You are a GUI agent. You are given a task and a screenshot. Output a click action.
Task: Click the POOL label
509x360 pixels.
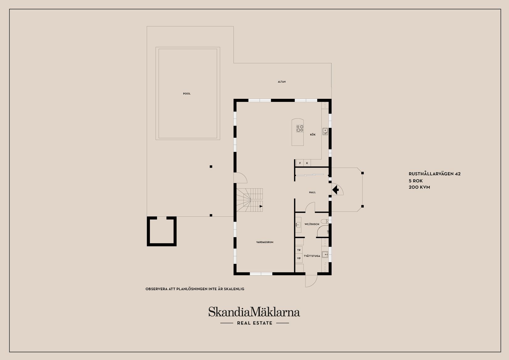(x=187, y=94)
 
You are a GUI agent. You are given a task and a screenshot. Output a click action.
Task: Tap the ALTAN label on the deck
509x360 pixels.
(x=282, y=82)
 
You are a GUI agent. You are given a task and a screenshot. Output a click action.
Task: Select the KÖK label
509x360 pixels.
(x=313, y=135)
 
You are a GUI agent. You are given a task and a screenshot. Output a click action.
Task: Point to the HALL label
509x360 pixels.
(x=312, y=192)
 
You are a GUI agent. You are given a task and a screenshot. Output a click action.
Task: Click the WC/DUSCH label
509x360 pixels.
(x=312, y=224)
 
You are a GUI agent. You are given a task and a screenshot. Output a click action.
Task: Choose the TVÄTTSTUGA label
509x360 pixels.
(x=312, y=256)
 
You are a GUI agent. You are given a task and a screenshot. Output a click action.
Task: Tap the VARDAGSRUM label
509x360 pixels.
(x=265, y=242)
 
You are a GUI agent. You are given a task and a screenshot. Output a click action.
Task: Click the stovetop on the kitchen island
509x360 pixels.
(x=300, y=128)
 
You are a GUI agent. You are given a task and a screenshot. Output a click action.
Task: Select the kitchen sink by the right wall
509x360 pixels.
(x=325, y=132)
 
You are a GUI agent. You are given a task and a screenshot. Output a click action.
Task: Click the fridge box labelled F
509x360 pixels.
(x=300, y=163)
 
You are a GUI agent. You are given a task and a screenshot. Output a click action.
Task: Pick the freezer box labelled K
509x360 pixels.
(x=307, y=163)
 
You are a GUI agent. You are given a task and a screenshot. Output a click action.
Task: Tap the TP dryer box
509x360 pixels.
(x=299, y=250)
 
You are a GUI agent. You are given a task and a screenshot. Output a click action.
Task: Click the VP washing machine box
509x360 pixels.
(x=299, y=258)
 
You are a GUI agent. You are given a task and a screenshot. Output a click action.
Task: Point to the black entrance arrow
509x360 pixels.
(x=335, y=189)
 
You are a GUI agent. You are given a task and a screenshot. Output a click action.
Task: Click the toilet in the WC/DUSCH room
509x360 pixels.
(x=324, y=221)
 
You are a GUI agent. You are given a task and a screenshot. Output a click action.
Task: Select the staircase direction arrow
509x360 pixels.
(x=261, y=206)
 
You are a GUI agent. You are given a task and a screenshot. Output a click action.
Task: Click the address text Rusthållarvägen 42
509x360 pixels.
(x=434, y=174)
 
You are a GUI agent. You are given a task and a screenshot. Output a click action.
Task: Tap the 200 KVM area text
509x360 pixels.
(x=419, y=187)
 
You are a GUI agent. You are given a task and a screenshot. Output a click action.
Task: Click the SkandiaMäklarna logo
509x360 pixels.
(x=254, y=312)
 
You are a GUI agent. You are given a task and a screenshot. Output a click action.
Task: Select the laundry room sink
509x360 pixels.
(x=325, y=255)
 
